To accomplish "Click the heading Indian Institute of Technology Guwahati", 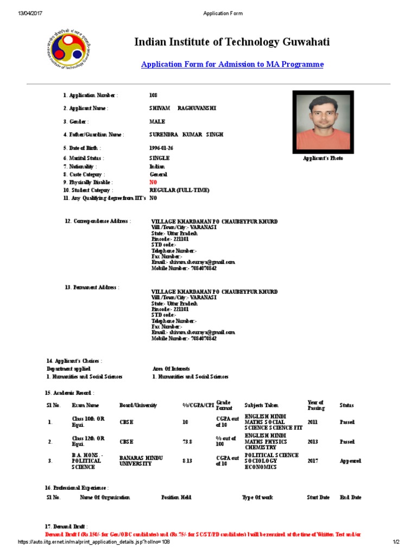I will point(232,42).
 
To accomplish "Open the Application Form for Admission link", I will point(232,65).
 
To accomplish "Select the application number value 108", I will point(153,96).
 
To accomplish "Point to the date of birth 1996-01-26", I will point(162,148).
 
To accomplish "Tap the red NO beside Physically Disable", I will point(153,182).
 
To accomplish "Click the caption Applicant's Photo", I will point(323,159).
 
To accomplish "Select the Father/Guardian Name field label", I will point(93,135).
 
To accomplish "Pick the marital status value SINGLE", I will point(159,158).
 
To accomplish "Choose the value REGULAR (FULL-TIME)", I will point(179,191).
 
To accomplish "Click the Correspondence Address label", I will point(98,222).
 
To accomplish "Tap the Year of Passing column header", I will point(315,405).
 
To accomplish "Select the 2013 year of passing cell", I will point(313,442).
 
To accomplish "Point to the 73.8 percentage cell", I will point(188,442).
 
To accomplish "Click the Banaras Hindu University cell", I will point(141,461).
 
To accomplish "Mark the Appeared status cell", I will point(350,461).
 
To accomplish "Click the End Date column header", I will point(350,497).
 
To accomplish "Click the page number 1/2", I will point(396,542).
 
